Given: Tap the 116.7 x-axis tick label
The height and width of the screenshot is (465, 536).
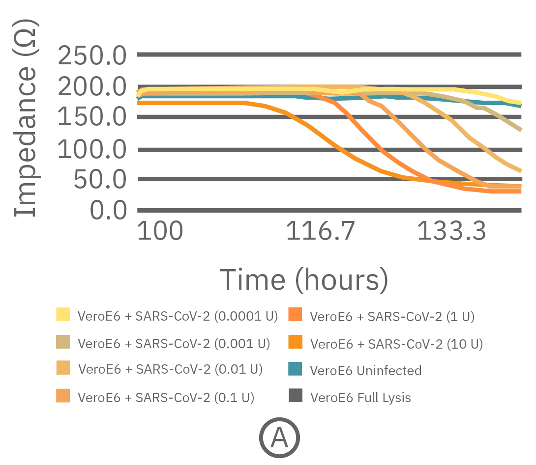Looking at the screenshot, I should click(320, 231).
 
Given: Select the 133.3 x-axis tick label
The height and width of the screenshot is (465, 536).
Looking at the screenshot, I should click(451, 231).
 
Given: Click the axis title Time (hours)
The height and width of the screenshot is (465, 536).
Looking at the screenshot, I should click(303, 279).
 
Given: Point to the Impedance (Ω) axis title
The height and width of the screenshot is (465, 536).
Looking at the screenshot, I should click(26, 118).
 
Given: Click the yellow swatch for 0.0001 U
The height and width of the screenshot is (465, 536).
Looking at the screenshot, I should click(63, 314).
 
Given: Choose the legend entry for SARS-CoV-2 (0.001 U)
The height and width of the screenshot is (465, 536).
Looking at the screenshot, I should click(174, 343).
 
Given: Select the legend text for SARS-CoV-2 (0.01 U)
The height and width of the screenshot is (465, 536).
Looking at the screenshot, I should click(171, 369).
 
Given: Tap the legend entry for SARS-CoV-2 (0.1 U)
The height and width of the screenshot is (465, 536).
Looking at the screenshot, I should click(166, 397).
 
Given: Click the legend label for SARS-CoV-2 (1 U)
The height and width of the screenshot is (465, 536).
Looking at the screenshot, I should click(392, 317).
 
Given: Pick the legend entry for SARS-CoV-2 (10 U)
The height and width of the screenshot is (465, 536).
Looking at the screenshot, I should click(396, 344).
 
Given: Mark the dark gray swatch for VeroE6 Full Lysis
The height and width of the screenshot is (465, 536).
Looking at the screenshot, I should click(296, 395).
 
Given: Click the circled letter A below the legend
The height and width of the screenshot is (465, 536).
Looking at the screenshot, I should click(279, 438).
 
